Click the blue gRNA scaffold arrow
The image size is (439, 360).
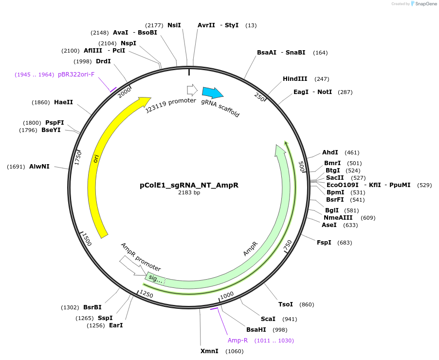tap(212, 92)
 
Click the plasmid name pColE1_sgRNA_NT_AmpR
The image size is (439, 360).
tap(189, 185)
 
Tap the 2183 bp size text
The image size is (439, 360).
tap(189, 192)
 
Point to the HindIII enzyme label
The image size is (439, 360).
tap(295, 79)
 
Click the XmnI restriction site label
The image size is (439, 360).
tap(209, 351)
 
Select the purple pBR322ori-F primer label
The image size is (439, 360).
tap(76, 75)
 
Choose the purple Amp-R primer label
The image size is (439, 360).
tap(238, 341)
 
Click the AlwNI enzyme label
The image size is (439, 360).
tap(39, 167)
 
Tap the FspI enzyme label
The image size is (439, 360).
tap(324, 243)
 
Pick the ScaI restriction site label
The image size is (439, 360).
tap(268, 319)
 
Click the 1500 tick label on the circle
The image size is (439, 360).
tap(87, 239)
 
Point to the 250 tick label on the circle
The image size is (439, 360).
tap(259, 97)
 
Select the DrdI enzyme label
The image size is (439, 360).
tap(103, 61)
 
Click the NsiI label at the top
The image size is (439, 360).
tap(174, 25)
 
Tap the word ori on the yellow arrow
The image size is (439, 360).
tap(96, 158)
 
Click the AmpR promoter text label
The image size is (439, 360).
tap(141, 257)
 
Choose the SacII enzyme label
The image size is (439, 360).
tap(335, 178)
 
